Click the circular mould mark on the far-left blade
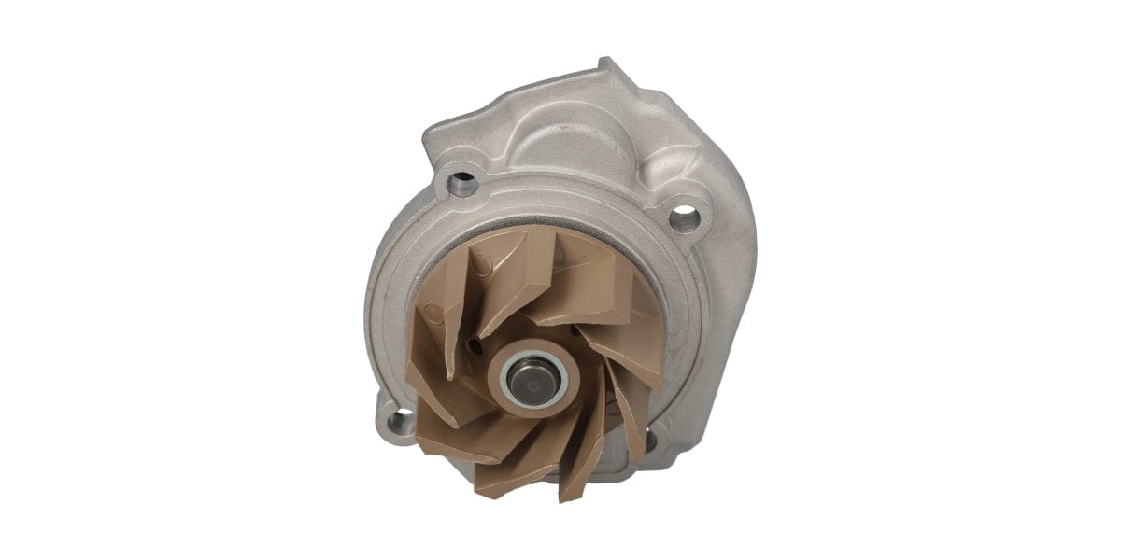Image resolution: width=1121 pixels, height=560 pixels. point(432,313)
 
